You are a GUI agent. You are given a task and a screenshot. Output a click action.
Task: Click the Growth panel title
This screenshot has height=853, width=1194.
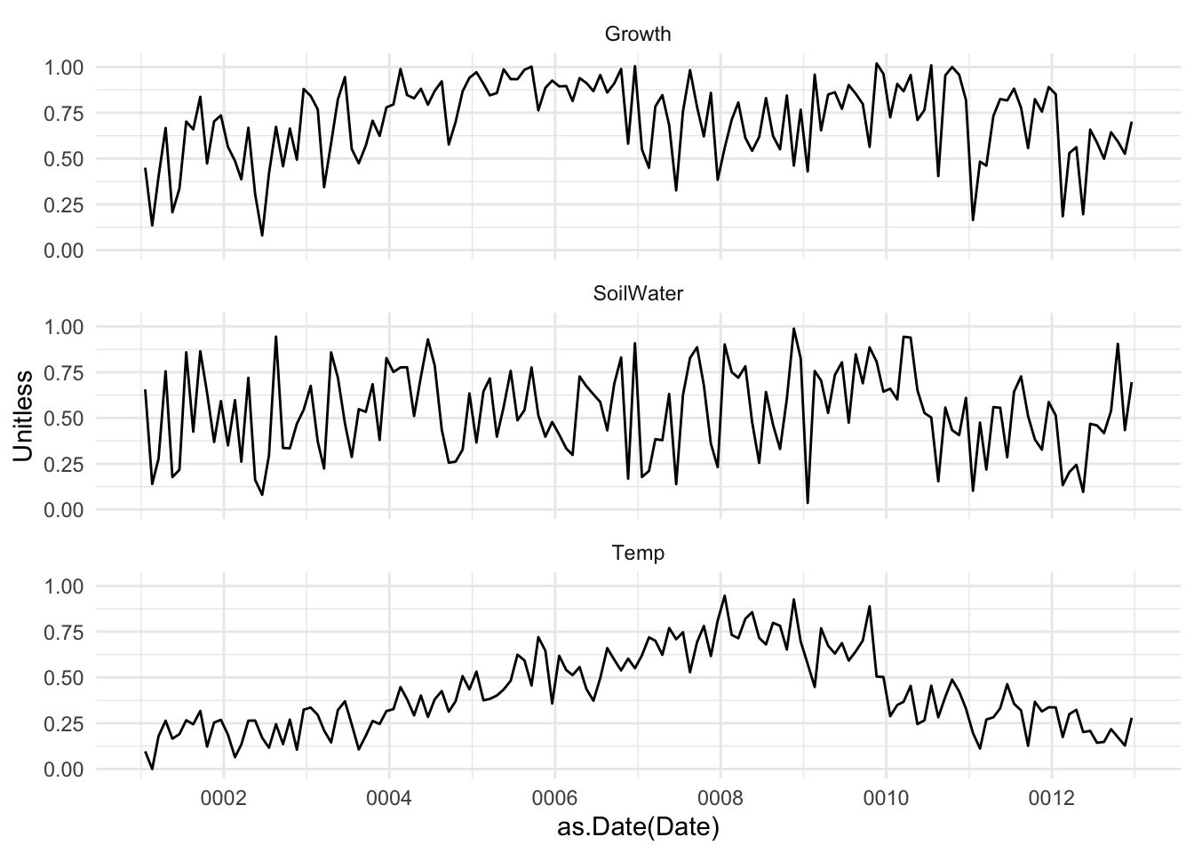pos(637,35)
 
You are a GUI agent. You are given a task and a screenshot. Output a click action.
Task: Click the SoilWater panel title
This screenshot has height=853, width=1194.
pos(637,294)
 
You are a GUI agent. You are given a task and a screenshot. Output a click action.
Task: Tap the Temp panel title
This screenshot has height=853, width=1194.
pos(638,554)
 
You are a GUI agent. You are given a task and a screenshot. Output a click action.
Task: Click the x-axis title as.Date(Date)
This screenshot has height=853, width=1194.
pos(637,828)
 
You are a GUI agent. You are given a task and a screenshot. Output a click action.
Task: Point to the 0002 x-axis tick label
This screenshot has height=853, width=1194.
pos(223,797)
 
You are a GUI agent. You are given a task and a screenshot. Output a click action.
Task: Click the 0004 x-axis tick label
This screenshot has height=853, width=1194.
pos(389,797)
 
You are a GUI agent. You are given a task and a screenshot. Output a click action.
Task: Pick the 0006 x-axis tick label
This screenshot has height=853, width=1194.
pos(554,797)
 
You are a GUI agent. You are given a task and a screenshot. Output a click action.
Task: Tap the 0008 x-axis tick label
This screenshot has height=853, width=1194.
pos(720,797)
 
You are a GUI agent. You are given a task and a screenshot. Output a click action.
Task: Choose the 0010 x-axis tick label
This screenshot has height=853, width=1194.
pos(886,797)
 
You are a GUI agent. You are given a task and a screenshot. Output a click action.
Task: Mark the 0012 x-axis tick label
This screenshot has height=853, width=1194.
pos(1052,797)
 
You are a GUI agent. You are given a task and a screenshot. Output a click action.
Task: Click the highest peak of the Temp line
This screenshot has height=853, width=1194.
pos(725,595)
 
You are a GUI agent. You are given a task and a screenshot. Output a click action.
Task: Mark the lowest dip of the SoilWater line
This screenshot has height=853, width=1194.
pos(808,503)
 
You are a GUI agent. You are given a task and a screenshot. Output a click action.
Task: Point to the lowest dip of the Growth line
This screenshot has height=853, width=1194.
pos(262,235)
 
